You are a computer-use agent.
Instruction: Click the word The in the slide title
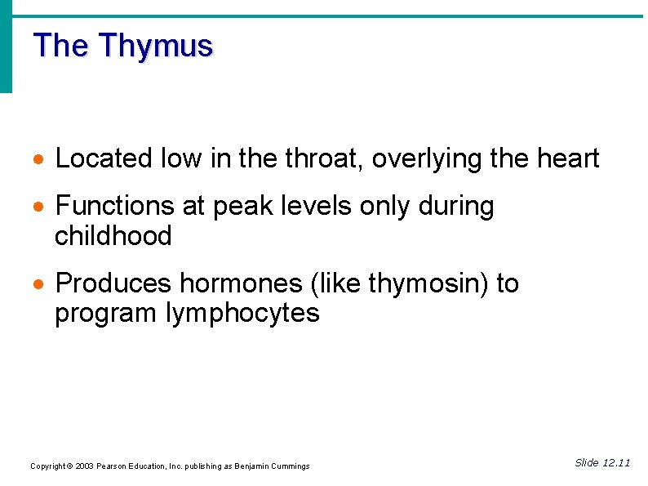60,45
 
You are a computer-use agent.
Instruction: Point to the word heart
568,158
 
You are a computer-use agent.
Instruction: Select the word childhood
113,236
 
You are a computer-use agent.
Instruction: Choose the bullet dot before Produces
40,285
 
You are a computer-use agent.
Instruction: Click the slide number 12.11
616,463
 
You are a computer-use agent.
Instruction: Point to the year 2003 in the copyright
85,466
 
